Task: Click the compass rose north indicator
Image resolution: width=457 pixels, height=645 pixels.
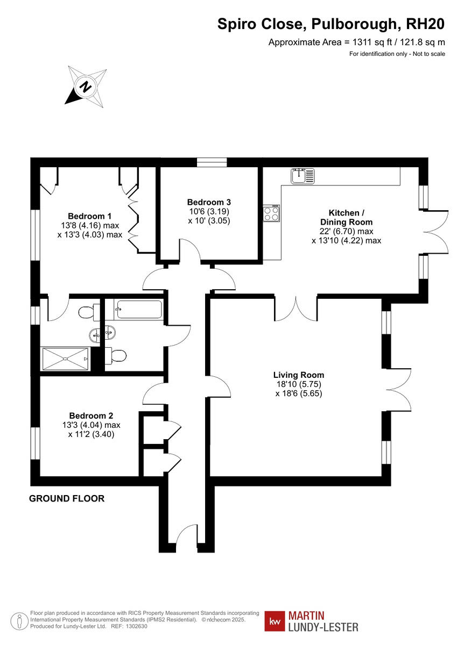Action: (x=85, y=86)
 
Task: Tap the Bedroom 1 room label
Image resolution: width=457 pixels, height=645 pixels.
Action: (x=89, y=216)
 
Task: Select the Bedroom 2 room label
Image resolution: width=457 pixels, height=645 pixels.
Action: (x=91, y=415)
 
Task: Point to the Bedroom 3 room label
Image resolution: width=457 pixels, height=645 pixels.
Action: (x=209, y=202)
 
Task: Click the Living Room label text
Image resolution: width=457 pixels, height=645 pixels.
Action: (x=298, y=375)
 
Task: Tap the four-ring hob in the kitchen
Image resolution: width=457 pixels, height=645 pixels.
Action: (x=271, y=214)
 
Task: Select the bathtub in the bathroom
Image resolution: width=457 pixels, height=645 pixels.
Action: (x=138, y=310)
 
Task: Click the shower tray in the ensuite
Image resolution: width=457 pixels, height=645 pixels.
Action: (x=65, y=359)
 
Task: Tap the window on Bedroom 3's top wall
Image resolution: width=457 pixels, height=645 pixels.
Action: (x=212, y=162)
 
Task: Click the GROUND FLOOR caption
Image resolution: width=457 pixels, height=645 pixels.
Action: (x=67, y=499)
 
